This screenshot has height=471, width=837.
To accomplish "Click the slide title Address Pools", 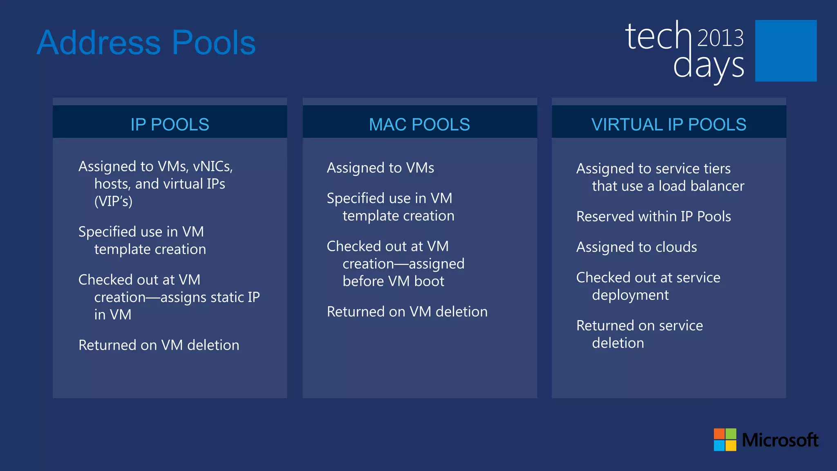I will pyautogui.click(x=146, y=43).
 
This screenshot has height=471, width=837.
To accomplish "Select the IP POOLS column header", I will pyautogui.click(x=170, y=124).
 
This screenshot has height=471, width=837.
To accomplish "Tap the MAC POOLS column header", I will pyautogui.click(x=419, y=124).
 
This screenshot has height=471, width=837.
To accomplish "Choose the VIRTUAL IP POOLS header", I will pyautogui.click(x=669, y=124).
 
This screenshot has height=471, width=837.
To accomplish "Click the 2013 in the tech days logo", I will pyautogui.click(x=720, y=38).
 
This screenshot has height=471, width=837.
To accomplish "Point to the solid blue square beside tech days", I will pyautogui.click(x=786, y=51).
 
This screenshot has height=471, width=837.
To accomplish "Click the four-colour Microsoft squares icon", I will pyautogui.click(x=725, y=440).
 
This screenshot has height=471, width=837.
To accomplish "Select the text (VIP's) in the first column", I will pyautogui.click(x=113, y=201).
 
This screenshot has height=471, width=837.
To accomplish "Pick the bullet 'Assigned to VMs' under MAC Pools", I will pyautogui.click(x=380, y=168).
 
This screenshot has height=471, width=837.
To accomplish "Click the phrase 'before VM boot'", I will pyautogui.click(x=393, y=281).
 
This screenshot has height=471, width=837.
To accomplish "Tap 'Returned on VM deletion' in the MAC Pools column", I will pyautogui.click(x=407, y=312).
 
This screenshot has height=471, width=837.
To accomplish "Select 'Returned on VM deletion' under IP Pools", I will pyautogui.click(x=159, y=345).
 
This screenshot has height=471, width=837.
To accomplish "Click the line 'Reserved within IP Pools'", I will pyautogui.click(x=653, y=216).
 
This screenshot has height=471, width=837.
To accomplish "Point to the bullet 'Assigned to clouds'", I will pyautogui.click(x=636, y=247).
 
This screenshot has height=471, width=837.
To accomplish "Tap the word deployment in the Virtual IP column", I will pyautogui.click(x=630, y=295).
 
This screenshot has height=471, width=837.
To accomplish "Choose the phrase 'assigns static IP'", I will pyautogui.click(x=210, y=297).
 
